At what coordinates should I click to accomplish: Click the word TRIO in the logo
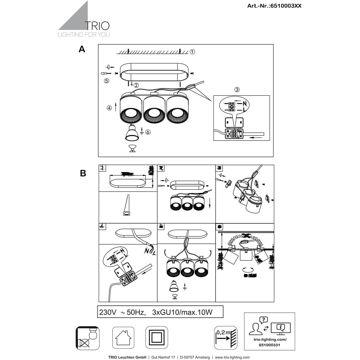click(x=97, y=26)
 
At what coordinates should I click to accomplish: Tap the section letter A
click(x=82, y=50)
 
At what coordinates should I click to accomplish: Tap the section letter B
click(x=83, y=173)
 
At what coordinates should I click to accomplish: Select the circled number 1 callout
click(x=193, y=52)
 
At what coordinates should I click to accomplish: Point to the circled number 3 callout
click(x=237, y=90)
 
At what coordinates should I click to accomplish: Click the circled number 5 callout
click(x=106, y=81)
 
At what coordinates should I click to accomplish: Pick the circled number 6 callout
click(x=148, y=132)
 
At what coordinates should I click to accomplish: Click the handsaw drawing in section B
click(x=127, y=206)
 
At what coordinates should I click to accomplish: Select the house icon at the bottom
click(x=123, y=338)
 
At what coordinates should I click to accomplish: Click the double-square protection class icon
click(x=157, y=338)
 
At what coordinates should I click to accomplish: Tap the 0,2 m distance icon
click(x=226, y=338)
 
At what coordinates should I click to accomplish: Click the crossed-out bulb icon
click(x=88, y=338)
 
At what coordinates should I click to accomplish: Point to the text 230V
click(x=107, y=312)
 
